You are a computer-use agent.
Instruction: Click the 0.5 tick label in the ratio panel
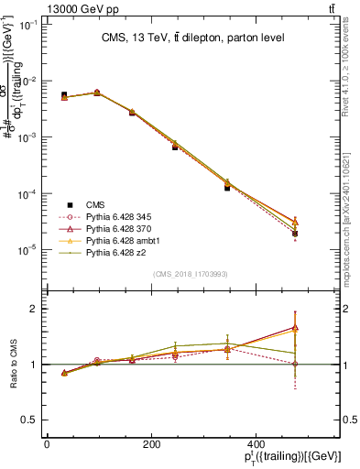(x=31, y=420)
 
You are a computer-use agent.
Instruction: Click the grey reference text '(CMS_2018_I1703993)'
(x=191, y=274)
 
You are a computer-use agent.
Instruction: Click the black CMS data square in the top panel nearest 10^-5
(x=295, y=234)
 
